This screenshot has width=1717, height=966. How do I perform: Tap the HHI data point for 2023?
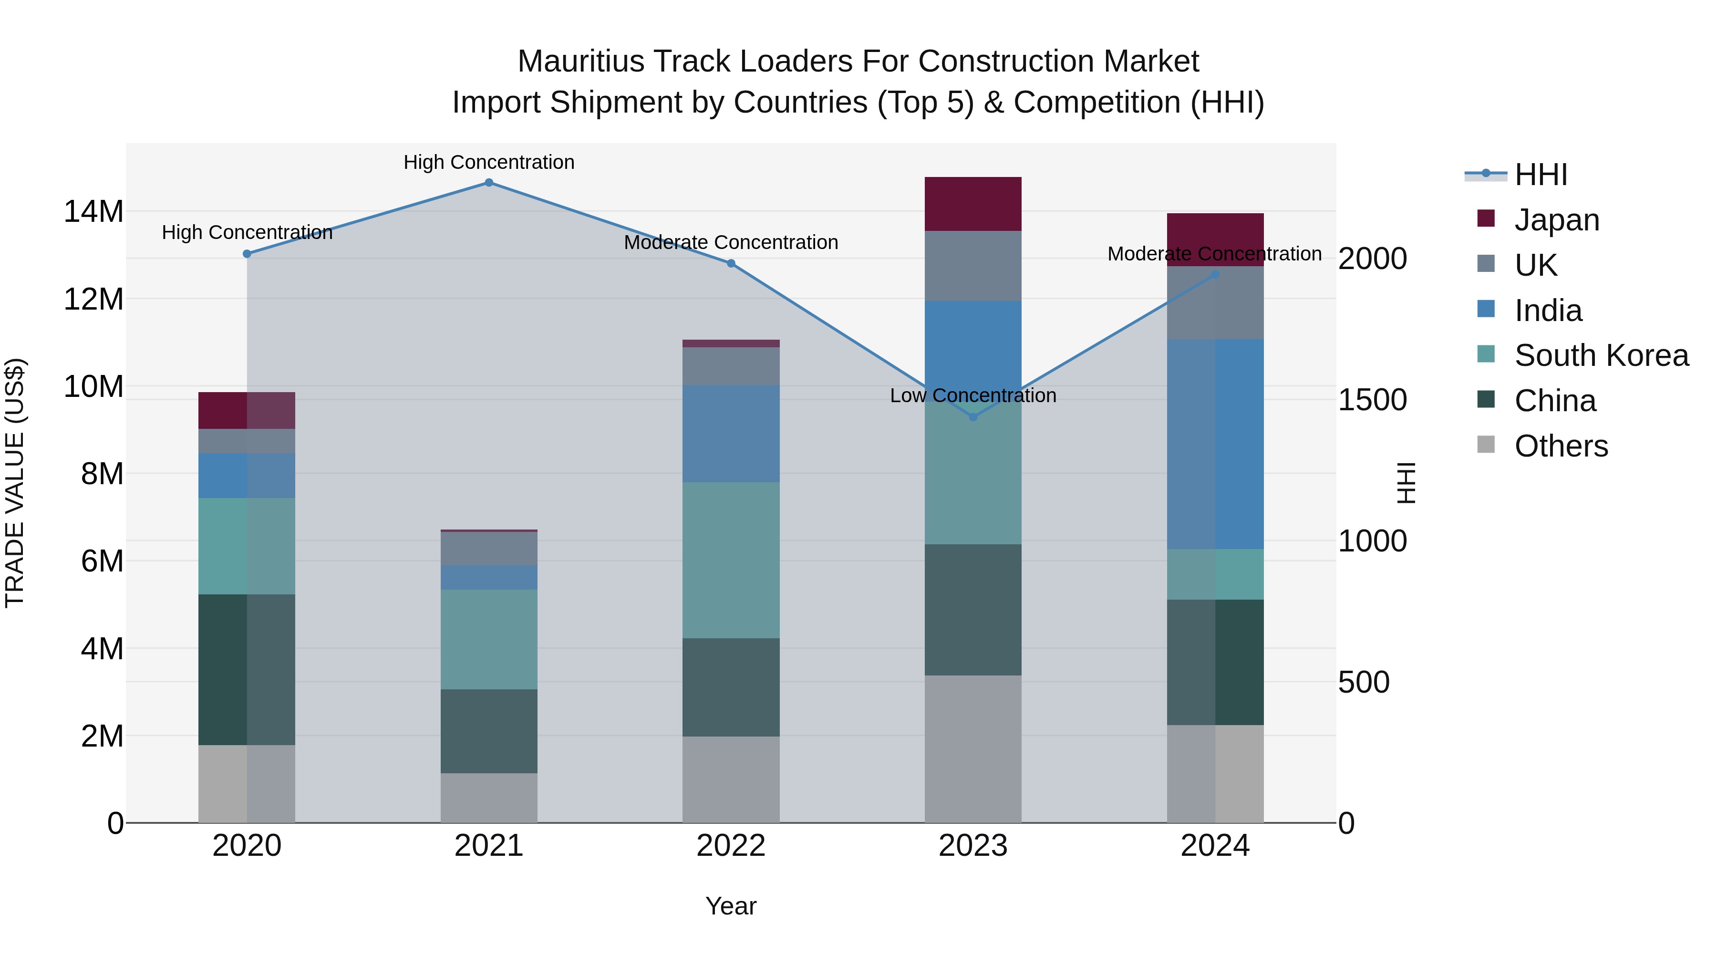972,417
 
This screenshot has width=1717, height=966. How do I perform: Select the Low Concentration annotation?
972,396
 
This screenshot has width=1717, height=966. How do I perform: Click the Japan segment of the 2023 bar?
972,204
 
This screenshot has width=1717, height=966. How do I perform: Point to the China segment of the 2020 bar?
247,669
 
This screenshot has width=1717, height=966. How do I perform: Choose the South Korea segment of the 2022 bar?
731,560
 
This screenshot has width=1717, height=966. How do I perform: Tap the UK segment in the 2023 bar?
972,266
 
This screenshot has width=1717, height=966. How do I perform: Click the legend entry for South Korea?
1601,355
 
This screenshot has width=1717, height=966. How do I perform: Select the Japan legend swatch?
1486,218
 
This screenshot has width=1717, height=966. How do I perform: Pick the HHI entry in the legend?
1541,175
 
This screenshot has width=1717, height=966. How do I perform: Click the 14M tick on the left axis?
93,212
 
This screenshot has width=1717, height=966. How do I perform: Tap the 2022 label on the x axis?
731,846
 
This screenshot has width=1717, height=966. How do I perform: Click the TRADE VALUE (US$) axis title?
15,483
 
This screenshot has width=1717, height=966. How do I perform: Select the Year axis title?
731,906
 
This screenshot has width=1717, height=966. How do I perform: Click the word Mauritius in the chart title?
579,62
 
